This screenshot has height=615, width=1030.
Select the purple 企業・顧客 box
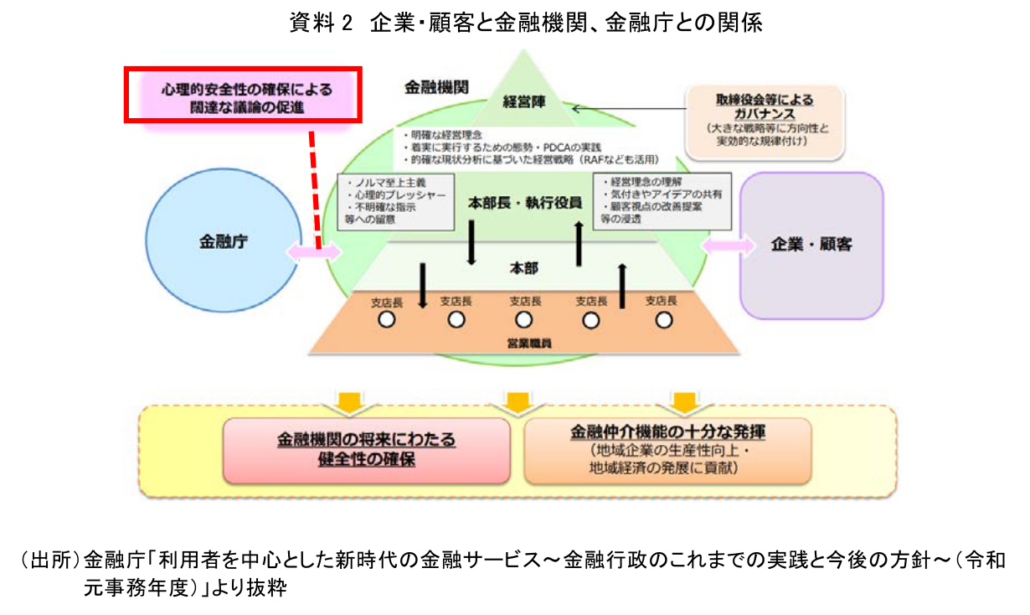click(x=811, y=245)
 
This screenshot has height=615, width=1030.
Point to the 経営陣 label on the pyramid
click(x=524, y=102)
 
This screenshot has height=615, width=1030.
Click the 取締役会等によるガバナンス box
click(x=764, y=121)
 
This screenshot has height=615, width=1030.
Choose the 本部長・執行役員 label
click(x=524, y=204)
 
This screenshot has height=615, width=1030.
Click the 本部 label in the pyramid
click(x=524, y=268)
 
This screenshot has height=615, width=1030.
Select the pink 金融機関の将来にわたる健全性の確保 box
click(x=367, y=450)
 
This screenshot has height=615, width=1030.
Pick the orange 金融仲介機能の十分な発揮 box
click(x=667, y=450)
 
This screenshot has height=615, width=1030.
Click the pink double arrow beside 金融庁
click(x=313, y=251)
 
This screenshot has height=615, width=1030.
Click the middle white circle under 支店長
click(x=524, y=319)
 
